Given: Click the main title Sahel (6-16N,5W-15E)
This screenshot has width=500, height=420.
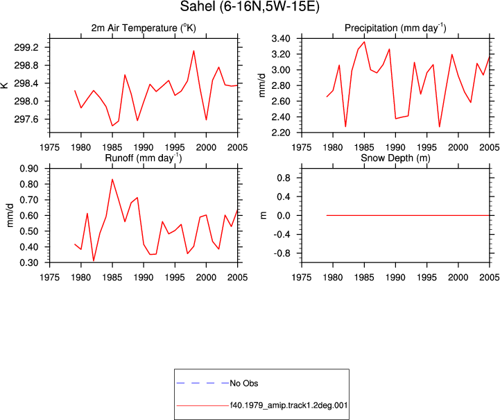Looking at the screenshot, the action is [250, 6].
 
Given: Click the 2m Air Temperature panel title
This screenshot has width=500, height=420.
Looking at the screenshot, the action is [144, 28].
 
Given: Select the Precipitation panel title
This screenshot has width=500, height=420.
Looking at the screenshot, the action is [395, 28].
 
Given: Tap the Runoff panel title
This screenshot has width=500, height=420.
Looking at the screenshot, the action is [144, 158].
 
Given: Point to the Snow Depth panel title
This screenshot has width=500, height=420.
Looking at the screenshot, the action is [395, 158].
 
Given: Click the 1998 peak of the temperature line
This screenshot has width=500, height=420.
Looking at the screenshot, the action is [193, 51].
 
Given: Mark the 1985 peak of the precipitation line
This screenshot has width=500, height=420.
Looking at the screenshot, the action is [364, 42].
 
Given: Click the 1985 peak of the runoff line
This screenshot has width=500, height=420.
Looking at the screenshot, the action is [112, 179].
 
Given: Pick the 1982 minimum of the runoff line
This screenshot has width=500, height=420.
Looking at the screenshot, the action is [94, 260].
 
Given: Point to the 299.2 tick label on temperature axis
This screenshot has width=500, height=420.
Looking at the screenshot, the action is [26, 47].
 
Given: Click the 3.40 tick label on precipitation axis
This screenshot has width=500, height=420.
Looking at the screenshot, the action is [281, 39].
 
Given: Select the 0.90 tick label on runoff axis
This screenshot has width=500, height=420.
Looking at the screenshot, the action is [29, 169].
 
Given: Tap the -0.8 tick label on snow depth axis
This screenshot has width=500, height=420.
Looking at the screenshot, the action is [282, 253].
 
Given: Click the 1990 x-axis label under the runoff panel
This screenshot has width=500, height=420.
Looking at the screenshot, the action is [144, 278].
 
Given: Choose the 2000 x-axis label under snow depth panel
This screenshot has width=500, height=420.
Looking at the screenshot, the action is [458, 278].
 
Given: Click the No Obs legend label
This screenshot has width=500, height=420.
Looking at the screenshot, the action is [244, 383].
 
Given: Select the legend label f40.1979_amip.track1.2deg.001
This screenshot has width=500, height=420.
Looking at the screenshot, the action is [288, 405].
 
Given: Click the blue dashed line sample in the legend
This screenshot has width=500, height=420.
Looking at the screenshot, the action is [202, 383].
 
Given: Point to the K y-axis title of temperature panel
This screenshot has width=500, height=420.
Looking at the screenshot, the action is [4, 85].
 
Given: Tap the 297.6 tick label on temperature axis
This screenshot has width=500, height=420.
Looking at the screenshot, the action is [26, 119].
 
